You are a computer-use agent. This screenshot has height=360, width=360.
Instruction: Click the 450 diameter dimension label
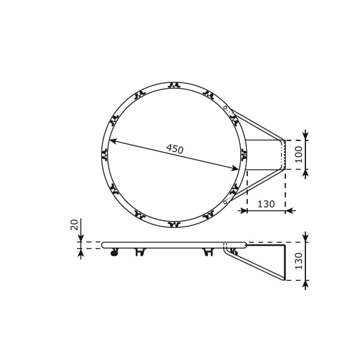click(x=175, y=149)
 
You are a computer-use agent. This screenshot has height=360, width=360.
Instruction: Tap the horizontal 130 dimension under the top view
click(x=266, y=204)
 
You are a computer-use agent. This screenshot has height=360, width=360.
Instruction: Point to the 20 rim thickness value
click(x=74, y=224)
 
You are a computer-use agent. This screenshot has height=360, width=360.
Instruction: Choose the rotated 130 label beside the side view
click(x=298, y=261)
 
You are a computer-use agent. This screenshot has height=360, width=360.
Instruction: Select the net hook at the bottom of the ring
click(x=174, y=224)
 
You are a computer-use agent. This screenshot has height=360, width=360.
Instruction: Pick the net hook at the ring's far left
click(x=105, y=154)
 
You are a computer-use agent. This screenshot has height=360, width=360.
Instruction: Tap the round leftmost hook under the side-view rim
click(x=114, y=253)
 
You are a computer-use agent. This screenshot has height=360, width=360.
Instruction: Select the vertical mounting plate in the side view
click(x=284, y=262)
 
